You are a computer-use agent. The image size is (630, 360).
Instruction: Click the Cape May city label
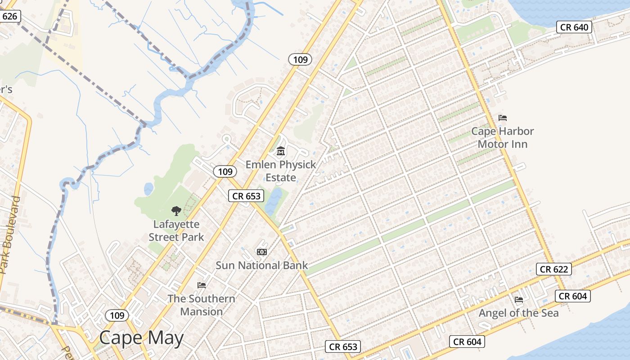pos(141,338)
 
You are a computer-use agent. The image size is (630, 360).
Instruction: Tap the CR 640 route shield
pos(574,27)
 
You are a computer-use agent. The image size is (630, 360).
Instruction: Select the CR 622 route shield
pos(554,269)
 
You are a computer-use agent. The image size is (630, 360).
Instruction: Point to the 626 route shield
pos(9,17)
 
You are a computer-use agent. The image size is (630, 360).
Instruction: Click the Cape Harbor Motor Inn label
pos(502,138)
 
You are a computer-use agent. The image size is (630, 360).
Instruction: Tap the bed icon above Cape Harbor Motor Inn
pos(503,118)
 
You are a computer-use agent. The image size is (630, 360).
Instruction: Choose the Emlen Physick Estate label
pos(281,171)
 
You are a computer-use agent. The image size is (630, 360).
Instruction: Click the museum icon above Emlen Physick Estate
pos(281,151)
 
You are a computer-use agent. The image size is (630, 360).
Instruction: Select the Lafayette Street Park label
pos(176,230)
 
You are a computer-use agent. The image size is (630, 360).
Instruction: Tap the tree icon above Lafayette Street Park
pos(176,210)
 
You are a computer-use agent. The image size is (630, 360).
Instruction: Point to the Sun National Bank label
pos(261,265)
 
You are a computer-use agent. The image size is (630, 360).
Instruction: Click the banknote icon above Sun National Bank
pos(261,252)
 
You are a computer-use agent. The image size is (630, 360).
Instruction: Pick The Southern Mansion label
pos(201,305)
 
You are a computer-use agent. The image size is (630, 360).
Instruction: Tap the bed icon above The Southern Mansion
pos(202,285)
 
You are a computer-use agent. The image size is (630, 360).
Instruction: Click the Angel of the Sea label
pos(518,313)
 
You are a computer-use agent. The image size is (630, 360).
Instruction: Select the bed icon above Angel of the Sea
pos(519,299)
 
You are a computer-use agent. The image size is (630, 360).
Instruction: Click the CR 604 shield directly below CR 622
pos(572,296)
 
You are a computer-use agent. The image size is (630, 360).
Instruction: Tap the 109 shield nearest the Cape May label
pos(117,315)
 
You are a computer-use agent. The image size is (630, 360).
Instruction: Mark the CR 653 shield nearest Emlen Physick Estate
pos(246,196)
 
